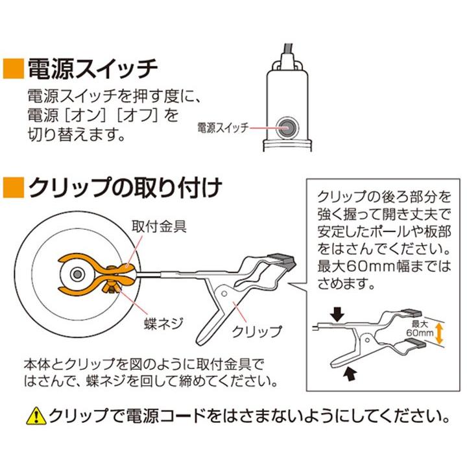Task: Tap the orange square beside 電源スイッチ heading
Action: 13,67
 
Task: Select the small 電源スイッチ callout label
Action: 222,128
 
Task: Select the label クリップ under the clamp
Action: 258,331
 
